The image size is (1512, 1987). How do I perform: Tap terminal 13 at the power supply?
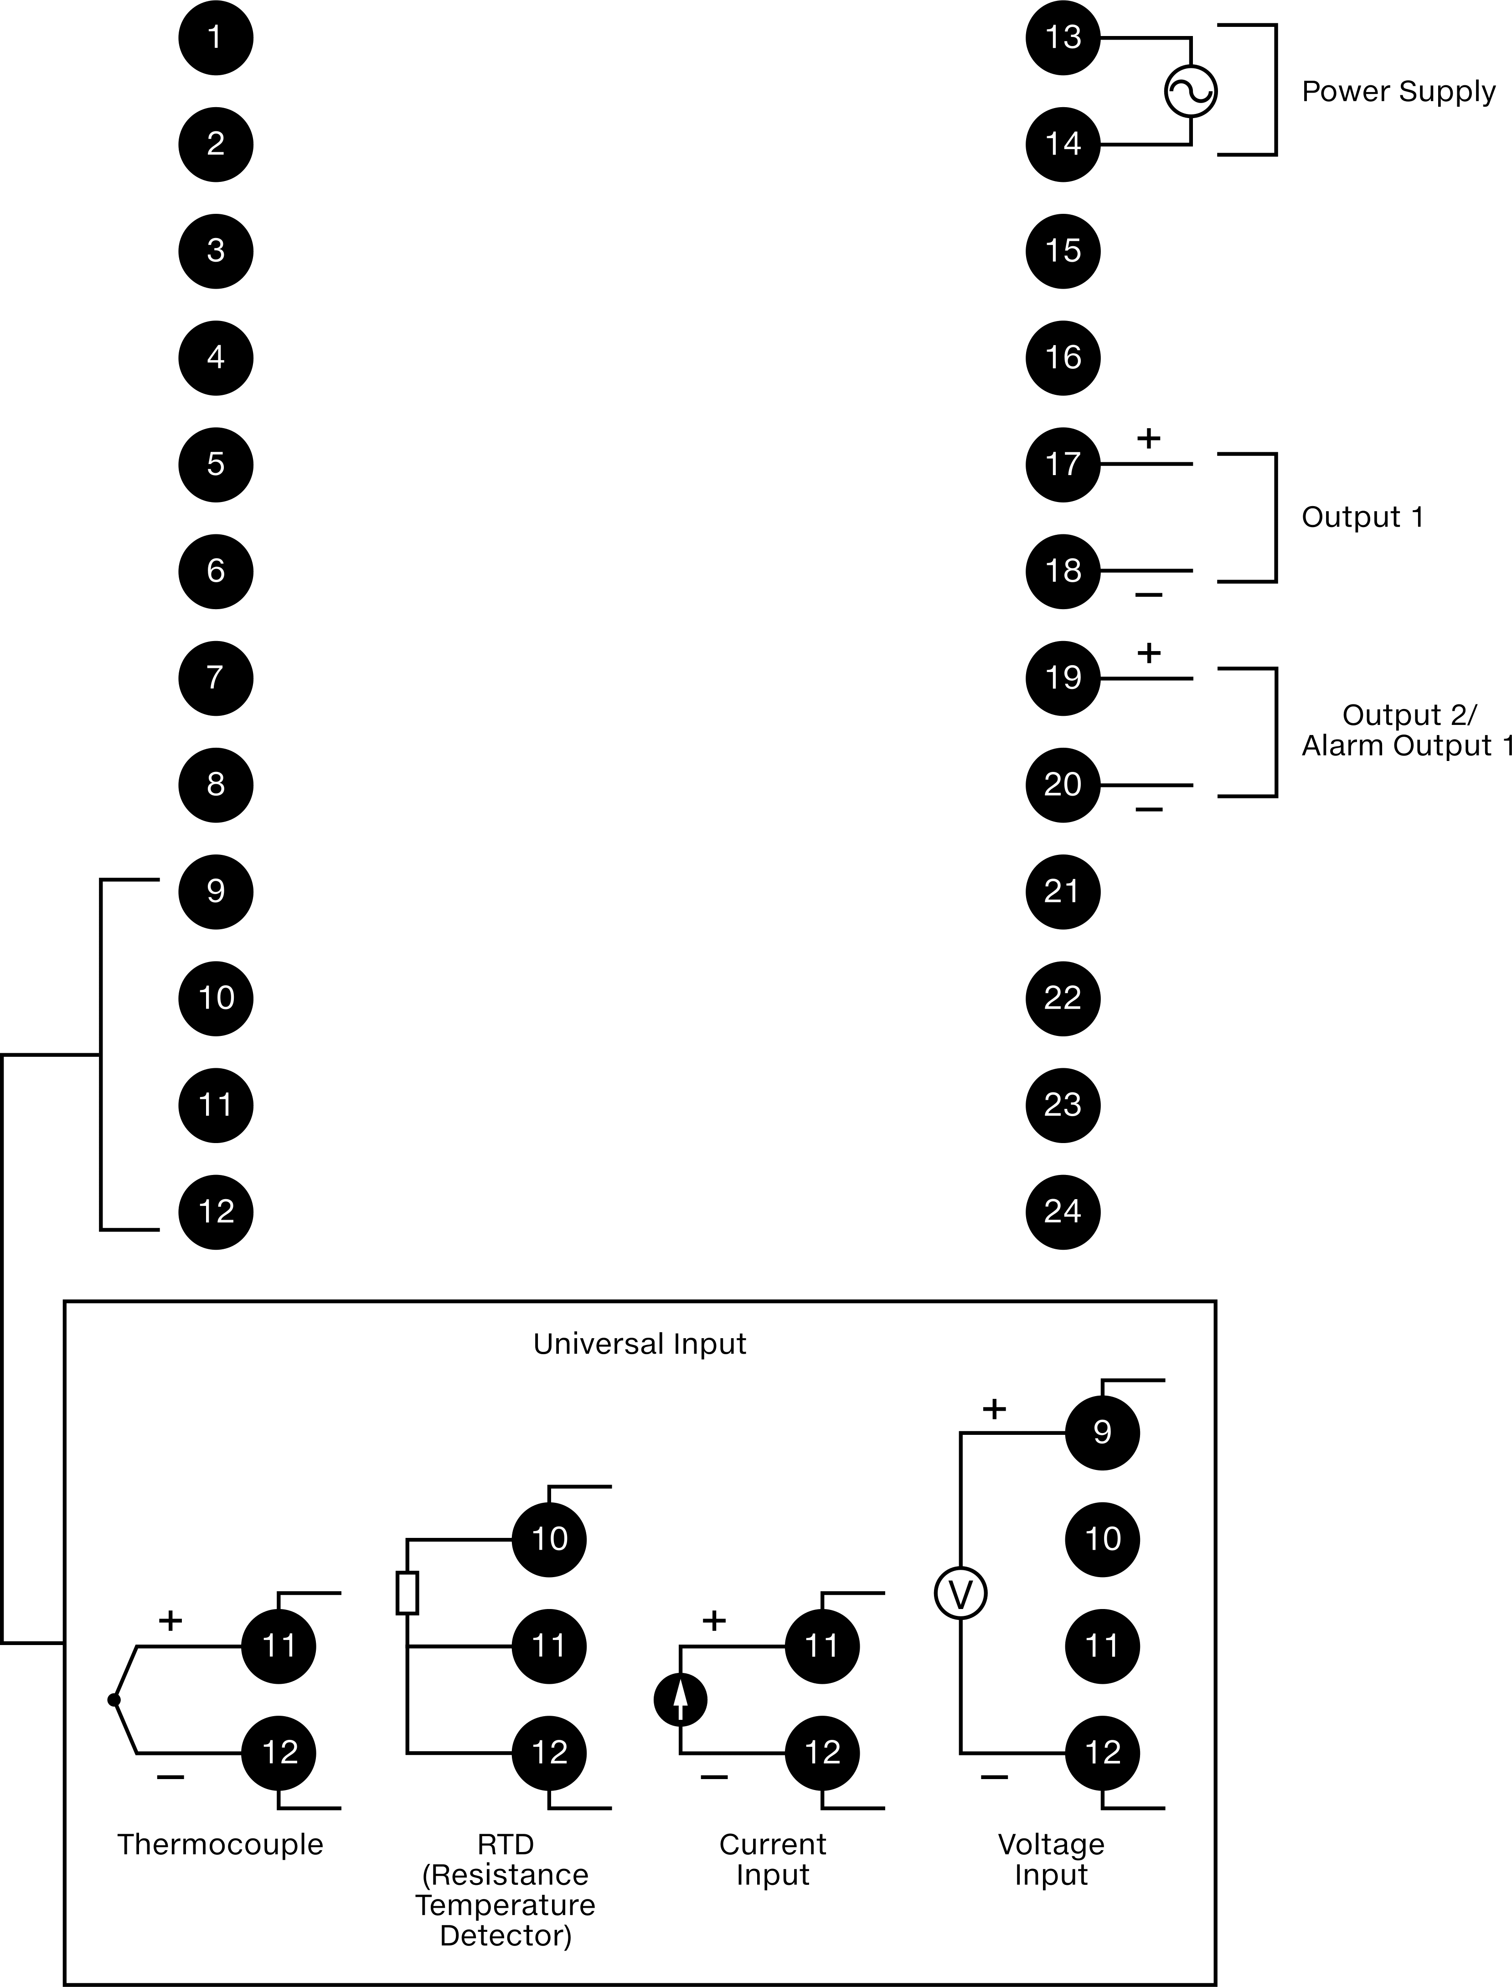click(1063, 38)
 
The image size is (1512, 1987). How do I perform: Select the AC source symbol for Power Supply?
click(1191, 91)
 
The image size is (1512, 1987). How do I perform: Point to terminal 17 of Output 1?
click(1063, 465)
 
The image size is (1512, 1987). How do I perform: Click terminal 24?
click(1063, 1212)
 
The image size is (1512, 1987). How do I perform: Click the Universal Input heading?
click(640, 1344)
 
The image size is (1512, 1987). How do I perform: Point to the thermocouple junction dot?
click(114, 1700)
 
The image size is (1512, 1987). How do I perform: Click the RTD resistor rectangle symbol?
click(407, 1593)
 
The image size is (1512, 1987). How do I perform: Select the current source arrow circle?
click(681, 1700)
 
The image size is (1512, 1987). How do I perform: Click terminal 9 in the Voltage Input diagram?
click(1103, 1433)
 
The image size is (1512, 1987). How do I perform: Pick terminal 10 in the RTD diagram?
click(549, 1540)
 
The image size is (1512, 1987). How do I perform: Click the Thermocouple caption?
click(220, 1845)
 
